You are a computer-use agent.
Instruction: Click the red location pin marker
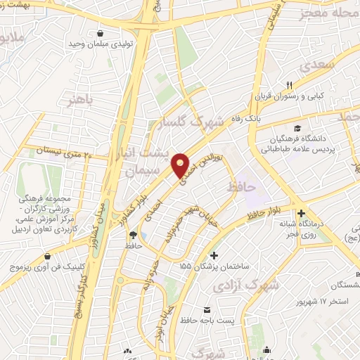(181, 165)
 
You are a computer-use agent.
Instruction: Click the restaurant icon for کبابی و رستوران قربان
(288, 85)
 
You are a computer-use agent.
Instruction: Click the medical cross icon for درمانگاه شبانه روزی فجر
(302, 213)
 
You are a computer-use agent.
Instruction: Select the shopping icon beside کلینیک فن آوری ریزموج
(47, 257)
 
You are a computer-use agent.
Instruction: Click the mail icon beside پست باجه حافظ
(206, 310)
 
